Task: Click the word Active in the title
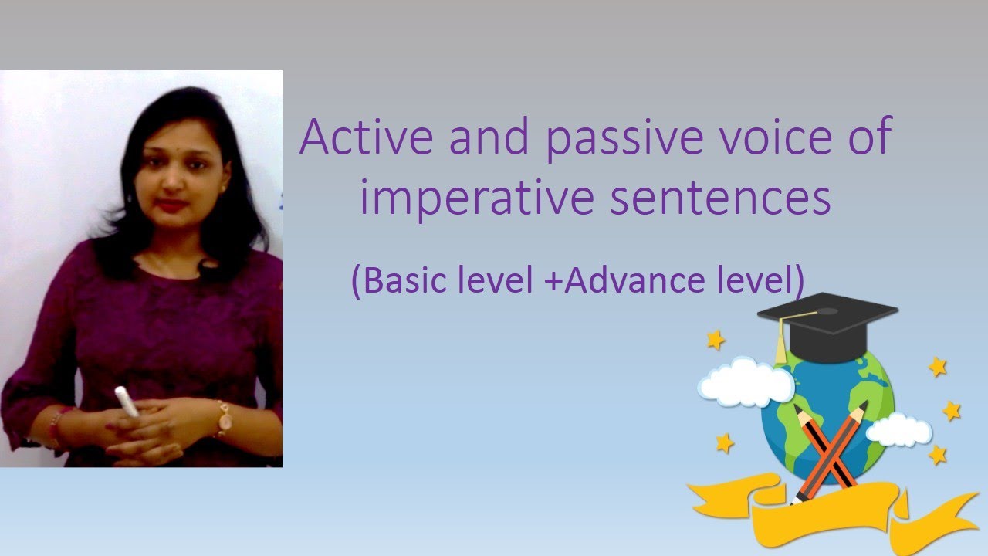(x=357, y=137)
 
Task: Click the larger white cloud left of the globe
(x=744, y=382)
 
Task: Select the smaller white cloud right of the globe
(x=899, y=429)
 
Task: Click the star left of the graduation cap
(x=716, y=339)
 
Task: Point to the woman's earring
(x=224, y=186)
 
